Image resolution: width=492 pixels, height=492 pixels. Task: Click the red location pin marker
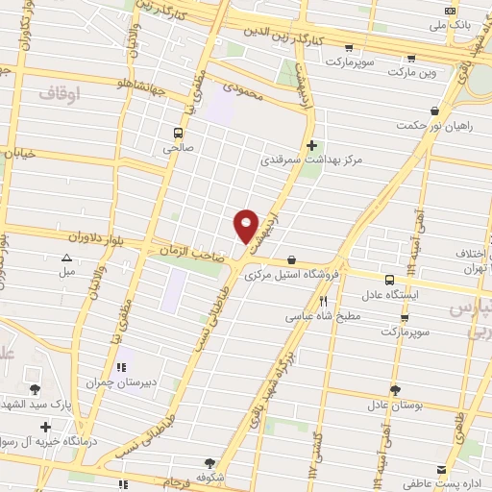(247, 226)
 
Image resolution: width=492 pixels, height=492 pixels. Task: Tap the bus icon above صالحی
(178, 133)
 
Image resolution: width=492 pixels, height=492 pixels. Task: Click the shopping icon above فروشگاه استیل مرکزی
(291, 258)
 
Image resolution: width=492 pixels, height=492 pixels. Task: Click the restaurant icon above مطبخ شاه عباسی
(323, 301)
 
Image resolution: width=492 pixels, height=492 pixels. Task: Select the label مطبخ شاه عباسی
(323, 316)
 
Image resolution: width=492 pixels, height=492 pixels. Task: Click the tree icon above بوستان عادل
(395, 389)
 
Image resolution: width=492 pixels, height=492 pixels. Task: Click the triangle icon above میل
(66, 258)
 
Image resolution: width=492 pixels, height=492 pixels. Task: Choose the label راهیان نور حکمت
(436, 126)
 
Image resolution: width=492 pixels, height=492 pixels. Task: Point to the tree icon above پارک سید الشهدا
(36, 389)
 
